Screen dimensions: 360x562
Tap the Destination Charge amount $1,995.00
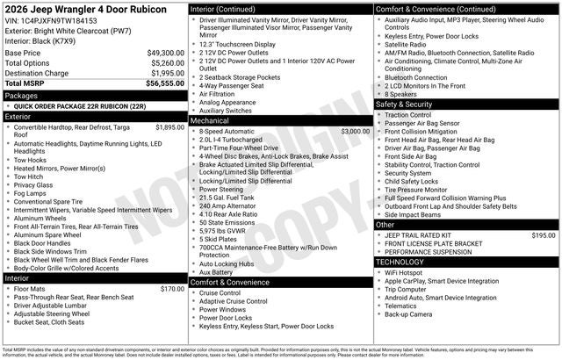pos(164,73)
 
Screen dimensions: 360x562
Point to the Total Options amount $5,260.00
pos(164,62)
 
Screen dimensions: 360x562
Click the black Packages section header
pos(93,94)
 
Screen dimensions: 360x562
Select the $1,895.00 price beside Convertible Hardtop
pos(169,126)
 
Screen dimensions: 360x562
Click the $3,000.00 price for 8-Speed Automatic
pos(355,131)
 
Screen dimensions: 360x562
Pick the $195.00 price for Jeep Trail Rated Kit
pos(544,234)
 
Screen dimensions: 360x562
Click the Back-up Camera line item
pos(409,314)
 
